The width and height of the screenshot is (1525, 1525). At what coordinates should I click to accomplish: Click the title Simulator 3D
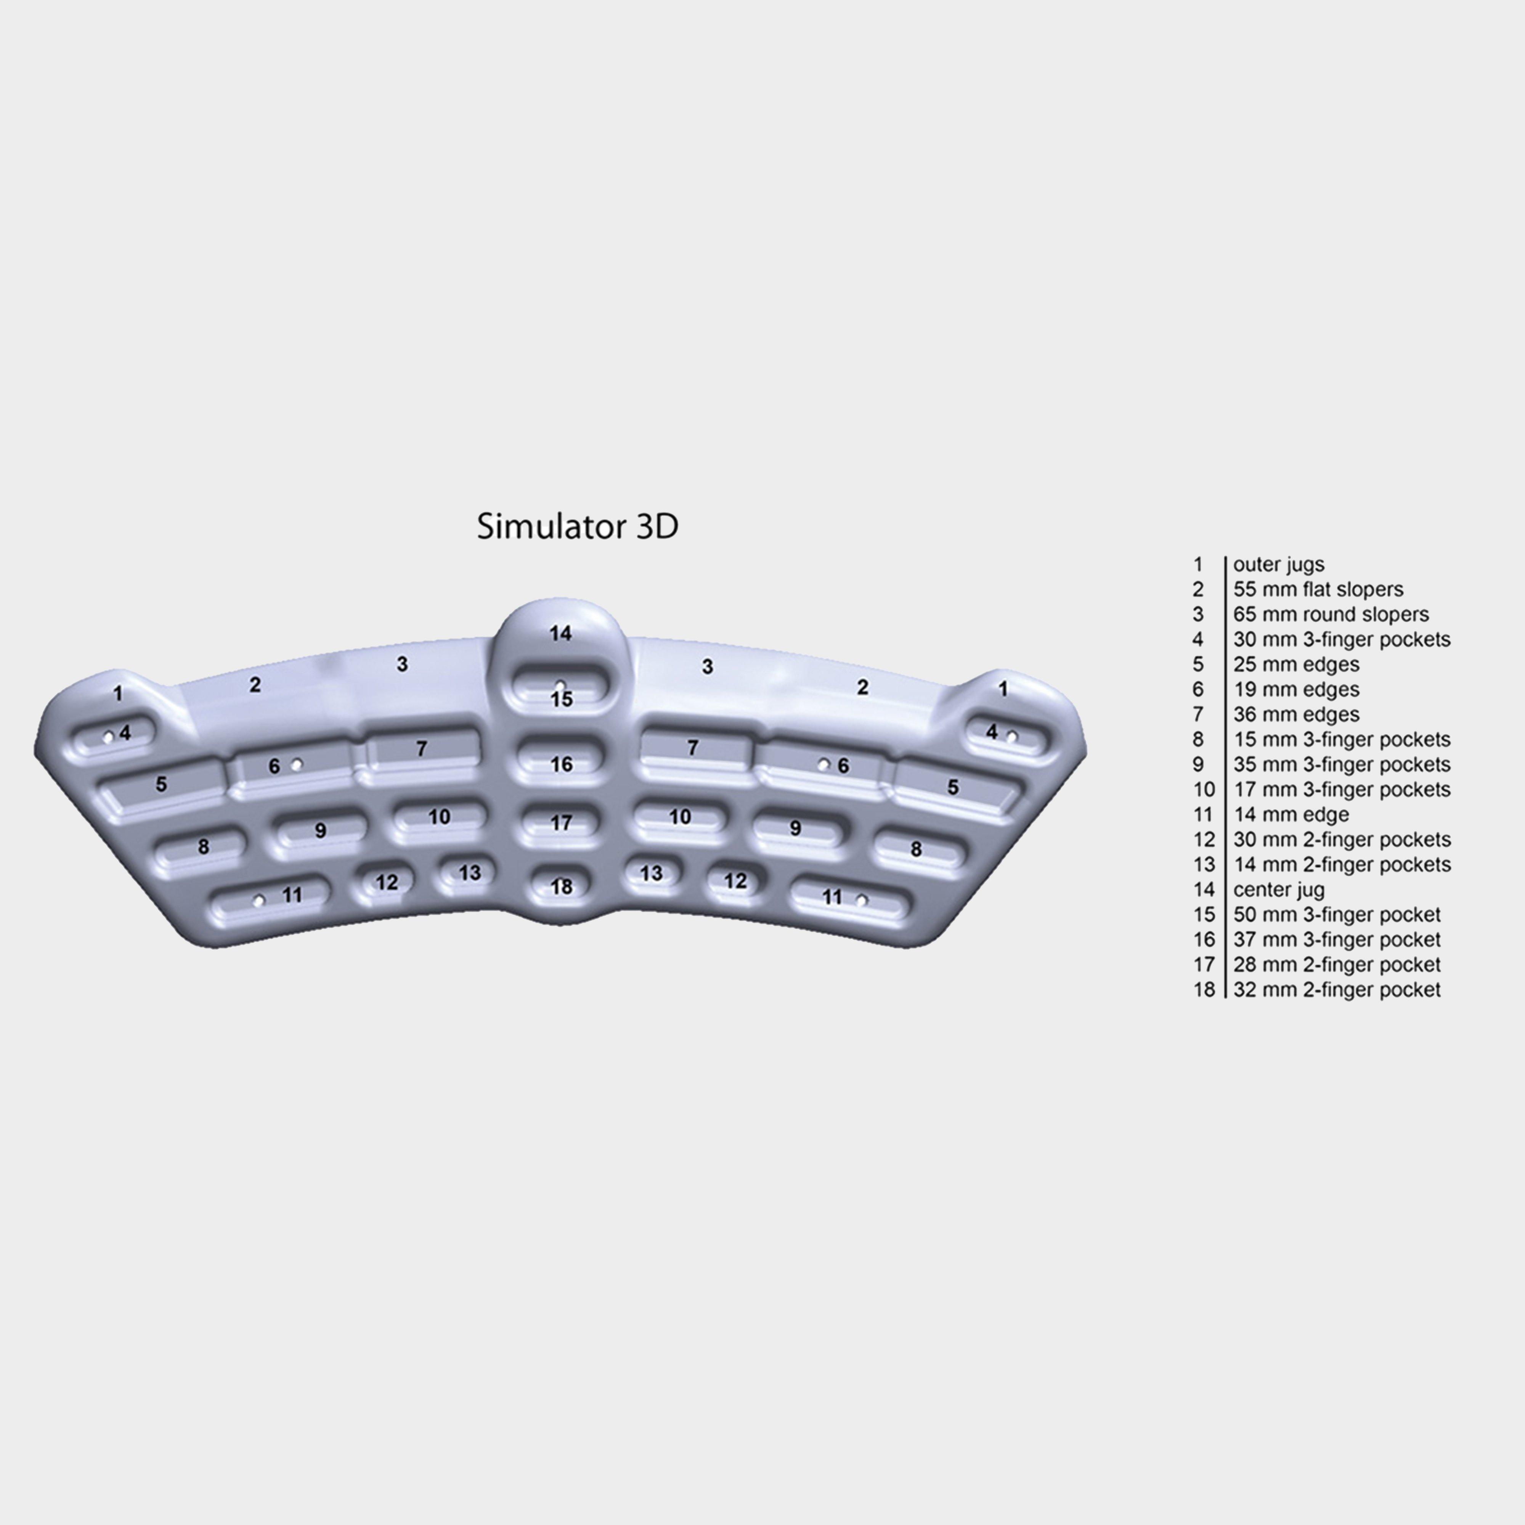pyautogui.click(x=577, y=527)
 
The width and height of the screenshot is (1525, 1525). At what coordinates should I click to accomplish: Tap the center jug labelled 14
pyautogui.click(x=560, y=633)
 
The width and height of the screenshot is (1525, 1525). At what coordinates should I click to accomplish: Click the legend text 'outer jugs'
pyautogui.click(x=1279, y=564)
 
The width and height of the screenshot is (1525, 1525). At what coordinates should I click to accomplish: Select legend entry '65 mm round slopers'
pyautogui.click(x=1331, y=614)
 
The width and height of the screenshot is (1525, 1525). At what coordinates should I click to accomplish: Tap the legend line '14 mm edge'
pyautogui.click(x=1291, y=815)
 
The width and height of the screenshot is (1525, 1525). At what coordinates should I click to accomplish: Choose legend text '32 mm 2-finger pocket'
pyautogui.click(x=1337, y=990)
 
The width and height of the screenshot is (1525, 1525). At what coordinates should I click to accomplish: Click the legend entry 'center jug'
pyautogui.click(x=1279, y=889)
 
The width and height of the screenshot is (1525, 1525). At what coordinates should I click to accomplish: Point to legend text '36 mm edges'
pyautogui.click(x=1296, y=714)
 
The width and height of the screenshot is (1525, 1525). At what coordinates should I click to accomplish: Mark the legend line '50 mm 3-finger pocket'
pyautogui.click(x=1337, y=915)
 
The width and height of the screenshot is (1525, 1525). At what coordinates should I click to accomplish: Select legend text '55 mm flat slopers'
pyautogui.click(x=1318, y=590)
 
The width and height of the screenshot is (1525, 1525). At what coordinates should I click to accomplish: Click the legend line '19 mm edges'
pyautogui.click(x=1296, y=689)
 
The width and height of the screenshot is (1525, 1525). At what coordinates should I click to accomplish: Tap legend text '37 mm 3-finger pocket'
pyautogui.click(x=1337, y=939)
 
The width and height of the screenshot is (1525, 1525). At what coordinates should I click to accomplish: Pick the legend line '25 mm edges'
pyautogui.click(x=1296, y=665)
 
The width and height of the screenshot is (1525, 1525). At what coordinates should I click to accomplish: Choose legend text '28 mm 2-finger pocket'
pyautogui.click(x=1337, y=965)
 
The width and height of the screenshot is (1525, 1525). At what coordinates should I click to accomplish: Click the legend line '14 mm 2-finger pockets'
pyautogui.click(x=1342, y=864)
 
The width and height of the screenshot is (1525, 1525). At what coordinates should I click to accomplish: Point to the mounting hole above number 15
pyautogui.click(x=560, y=684)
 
